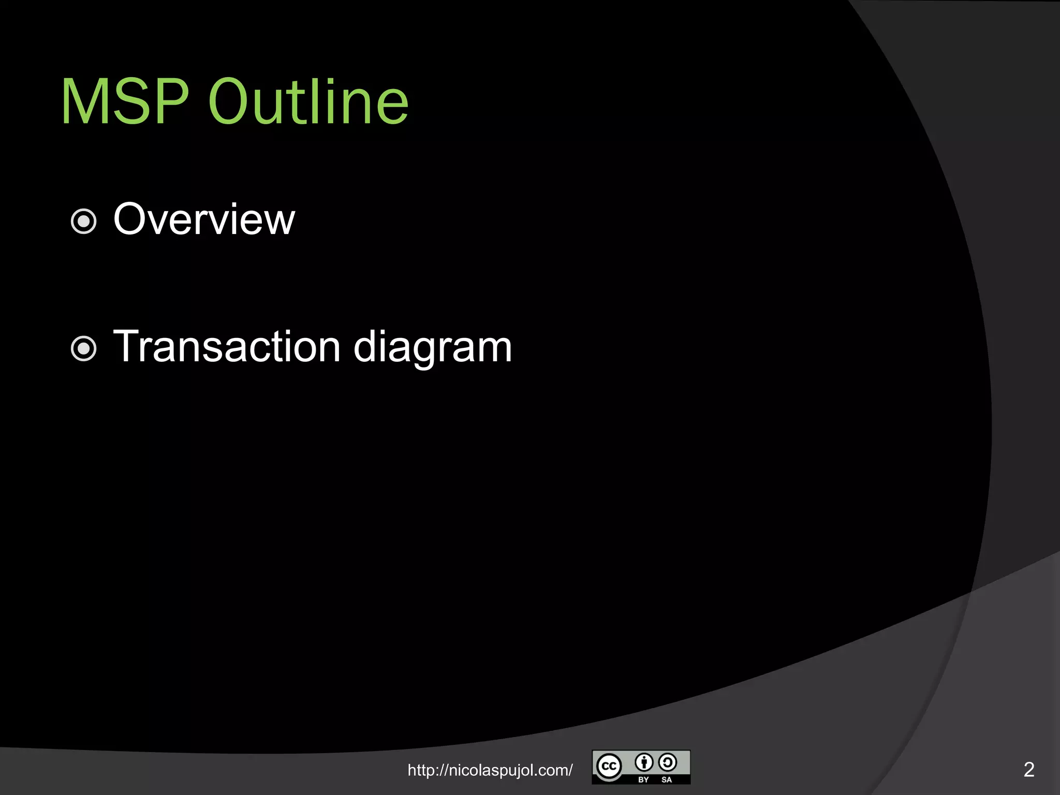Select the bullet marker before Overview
coord(83,222)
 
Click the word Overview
coord(204,219)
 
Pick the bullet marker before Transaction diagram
coord(83,348)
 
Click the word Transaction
coord(227,346)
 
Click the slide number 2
coord(1028,770)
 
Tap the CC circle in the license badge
coord(609,766)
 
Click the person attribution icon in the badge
coord(644,762)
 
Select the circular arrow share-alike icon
coord(668,762)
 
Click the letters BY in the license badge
coord(643,779)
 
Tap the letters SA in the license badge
coord(667,779)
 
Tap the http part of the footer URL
coord(420,770)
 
